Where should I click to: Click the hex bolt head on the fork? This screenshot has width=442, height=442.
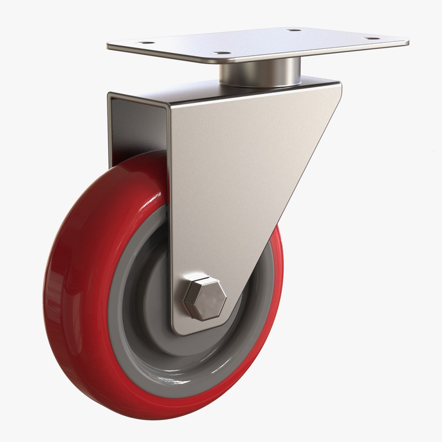pos(205,298)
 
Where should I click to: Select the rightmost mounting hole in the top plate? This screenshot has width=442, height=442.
pos(372,38)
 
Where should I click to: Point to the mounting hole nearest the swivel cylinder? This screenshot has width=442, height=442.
pos(221,53)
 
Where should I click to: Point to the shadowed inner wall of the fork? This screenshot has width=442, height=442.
pos(135,131)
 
